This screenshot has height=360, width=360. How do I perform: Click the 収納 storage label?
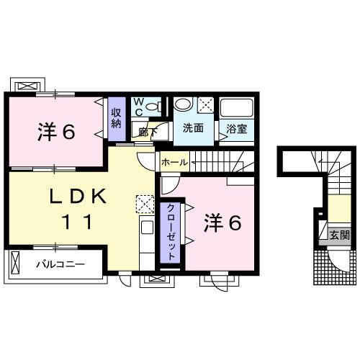(116, 117)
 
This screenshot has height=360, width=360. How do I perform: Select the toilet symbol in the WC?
(152, 107)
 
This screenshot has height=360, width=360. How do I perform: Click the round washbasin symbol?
(184, 103)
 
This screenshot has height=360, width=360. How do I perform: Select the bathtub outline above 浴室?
(235, 109)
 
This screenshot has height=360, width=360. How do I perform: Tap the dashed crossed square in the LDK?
(145, 204)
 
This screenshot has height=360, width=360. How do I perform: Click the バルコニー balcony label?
(61, 264)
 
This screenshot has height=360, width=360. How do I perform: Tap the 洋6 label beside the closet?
(220, 222)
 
